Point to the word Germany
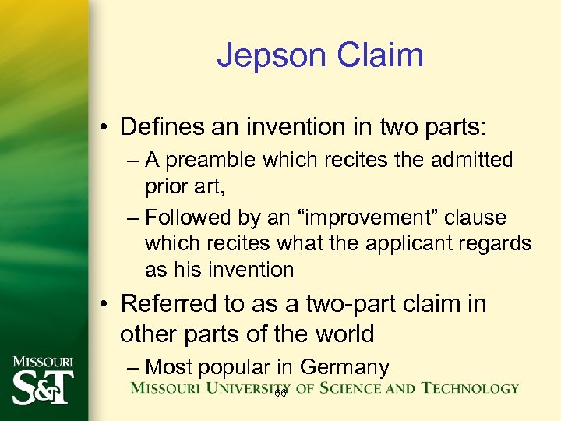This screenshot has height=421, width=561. pyautogui.click(x=344, y=366)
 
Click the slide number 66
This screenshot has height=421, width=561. pyautogui.click(x=280, y=394)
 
